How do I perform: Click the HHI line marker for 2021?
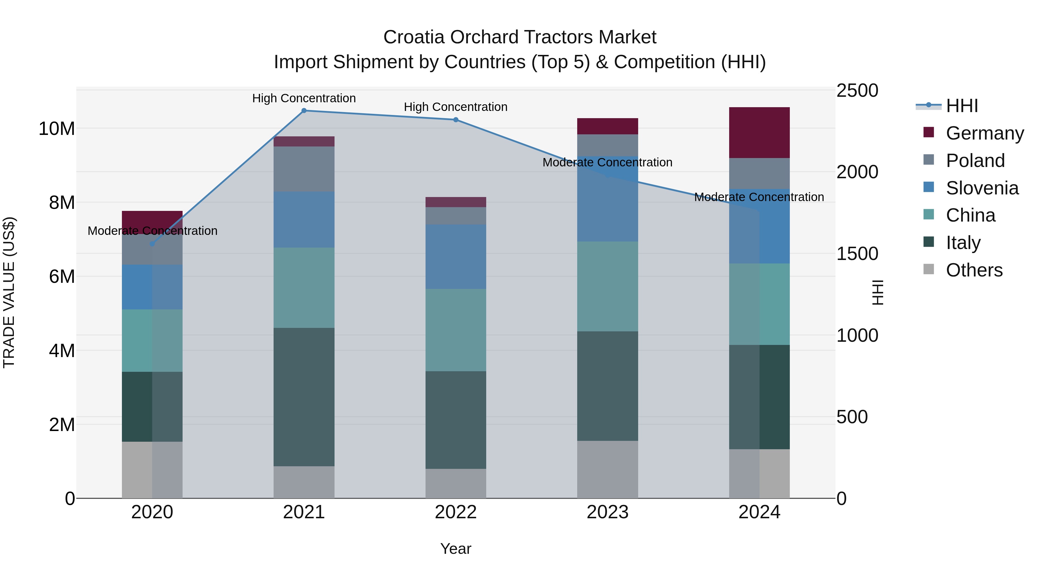[304, 110]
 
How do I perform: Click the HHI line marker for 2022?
[456, 120]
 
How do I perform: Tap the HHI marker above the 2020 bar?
[152, 244]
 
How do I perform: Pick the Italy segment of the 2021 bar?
[304, 397]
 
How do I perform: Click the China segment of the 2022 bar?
[456, 330]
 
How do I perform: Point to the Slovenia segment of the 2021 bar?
[304, 220]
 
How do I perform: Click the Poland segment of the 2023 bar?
[607, 145]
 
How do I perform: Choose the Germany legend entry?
[984, 133]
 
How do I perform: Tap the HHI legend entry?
[962, 106]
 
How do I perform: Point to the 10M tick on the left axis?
[57, 129]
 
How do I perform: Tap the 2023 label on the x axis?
[607, 512]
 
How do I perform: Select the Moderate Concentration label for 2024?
[759, 197]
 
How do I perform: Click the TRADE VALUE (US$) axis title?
[9, 292]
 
